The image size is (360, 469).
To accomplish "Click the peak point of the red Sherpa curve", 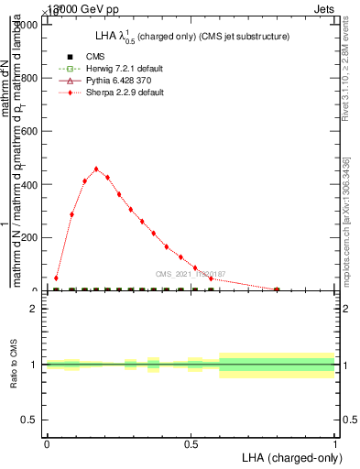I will tap(96, 169).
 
